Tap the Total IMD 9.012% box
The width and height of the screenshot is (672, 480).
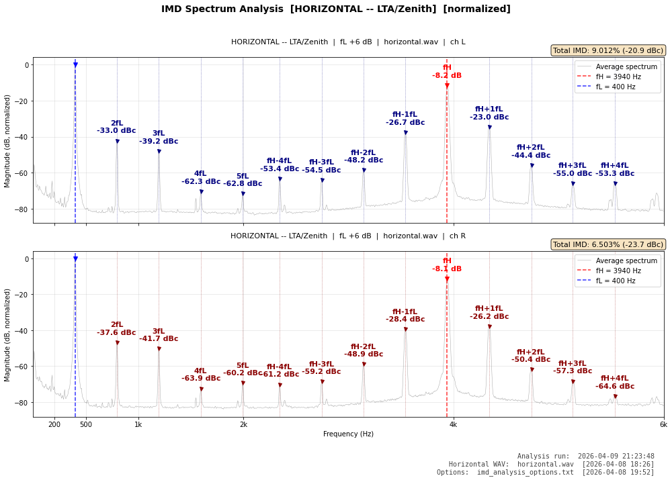(x=608, y=50)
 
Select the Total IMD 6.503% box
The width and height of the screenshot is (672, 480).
(x=608, y=244)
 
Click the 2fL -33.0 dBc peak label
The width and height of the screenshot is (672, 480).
(x=116, y=127)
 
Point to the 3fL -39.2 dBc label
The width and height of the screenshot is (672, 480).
(x=159, y=138)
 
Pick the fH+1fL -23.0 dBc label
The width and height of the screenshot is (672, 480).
(x=489, y=113)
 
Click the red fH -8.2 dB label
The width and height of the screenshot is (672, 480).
(x=447, y=72)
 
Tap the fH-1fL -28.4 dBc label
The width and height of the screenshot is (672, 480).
(x=405, y=316)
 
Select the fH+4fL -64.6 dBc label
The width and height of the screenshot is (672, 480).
(x=615, y=383)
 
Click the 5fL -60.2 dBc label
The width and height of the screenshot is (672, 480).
(x=243, y=369)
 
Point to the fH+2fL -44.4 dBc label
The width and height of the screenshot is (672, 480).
(x=531, y=152)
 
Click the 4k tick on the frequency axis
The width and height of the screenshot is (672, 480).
(x=453, y=424)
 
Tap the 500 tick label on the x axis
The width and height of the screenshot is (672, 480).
(x=86, y=424)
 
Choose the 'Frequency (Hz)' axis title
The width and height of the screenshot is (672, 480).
(x=348, y=434)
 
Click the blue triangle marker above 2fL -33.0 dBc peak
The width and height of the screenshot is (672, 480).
(x=117, y=142)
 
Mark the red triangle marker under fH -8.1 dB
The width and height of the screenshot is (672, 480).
(x=447, y=279)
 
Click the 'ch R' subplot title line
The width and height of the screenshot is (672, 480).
(x=348, y=236)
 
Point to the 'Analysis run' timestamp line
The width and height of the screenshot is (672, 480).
(x=585, y=457)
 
